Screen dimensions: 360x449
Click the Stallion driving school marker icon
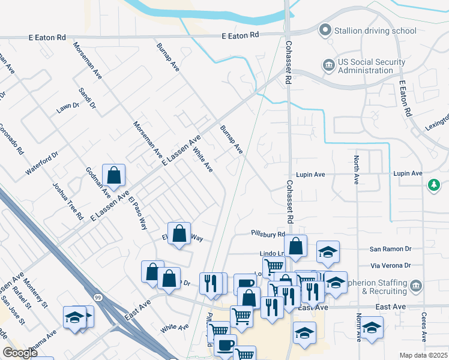click(x=325, y=30)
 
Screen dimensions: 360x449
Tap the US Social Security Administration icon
click(x=328, y=65)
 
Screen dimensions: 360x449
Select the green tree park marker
click(x=433, y=185)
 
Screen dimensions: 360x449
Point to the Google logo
click(x=20, y=353)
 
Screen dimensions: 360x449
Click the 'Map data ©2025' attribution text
click(x=423, y=355)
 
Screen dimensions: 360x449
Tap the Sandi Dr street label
click(x=88, y=98)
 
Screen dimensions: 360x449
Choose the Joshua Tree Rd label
click(x=67, y=201)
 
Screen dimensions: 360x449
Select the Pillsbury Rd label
click(x=268, y=234)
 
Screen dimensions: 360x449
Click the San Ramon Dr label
click(x=390, y=248)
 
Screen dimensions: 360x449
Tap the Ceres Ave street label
click(x=424, y=326)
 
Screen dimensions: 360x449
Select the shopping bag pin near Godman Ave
click(x=113, y=175)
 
